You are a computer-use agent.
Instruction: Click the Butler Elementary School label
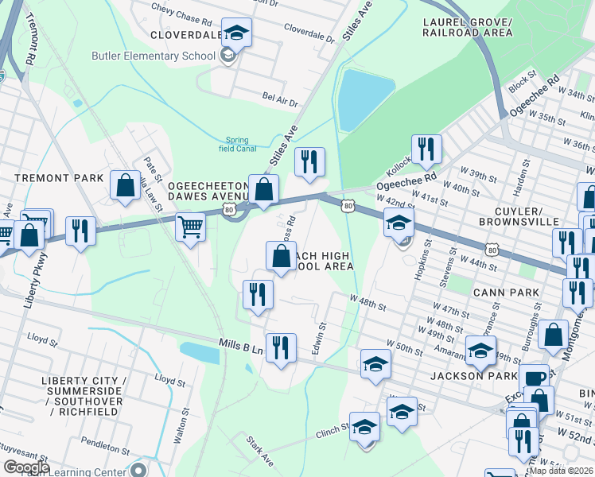pyautogui.click(x=154, y=56)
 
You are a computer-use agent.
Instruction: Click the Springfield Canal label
pyautogui.click(x=240, y=143)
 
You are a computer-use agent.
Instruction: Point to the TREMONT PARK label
pyautogui.click(x=52, y=178)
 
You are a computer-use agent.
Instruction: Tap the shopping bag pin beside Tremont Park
pyautogui.click(x=126, y=186)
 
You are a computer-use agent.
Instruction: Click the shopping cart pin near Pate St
pyautogui.click(x=191, y=229)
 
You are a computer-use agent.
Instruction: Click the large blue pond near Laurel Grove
pyautogui.click(x=364, y=99)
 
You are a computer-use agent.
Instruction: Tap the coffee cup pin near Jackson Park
pyautogui.click(x=533, y=378)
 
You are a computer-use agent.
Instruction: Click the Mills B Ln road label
pyautogui.click(x=240, y=343)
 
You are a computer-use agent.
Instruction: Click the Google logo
pyautogui.click(x=26, y=467)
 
